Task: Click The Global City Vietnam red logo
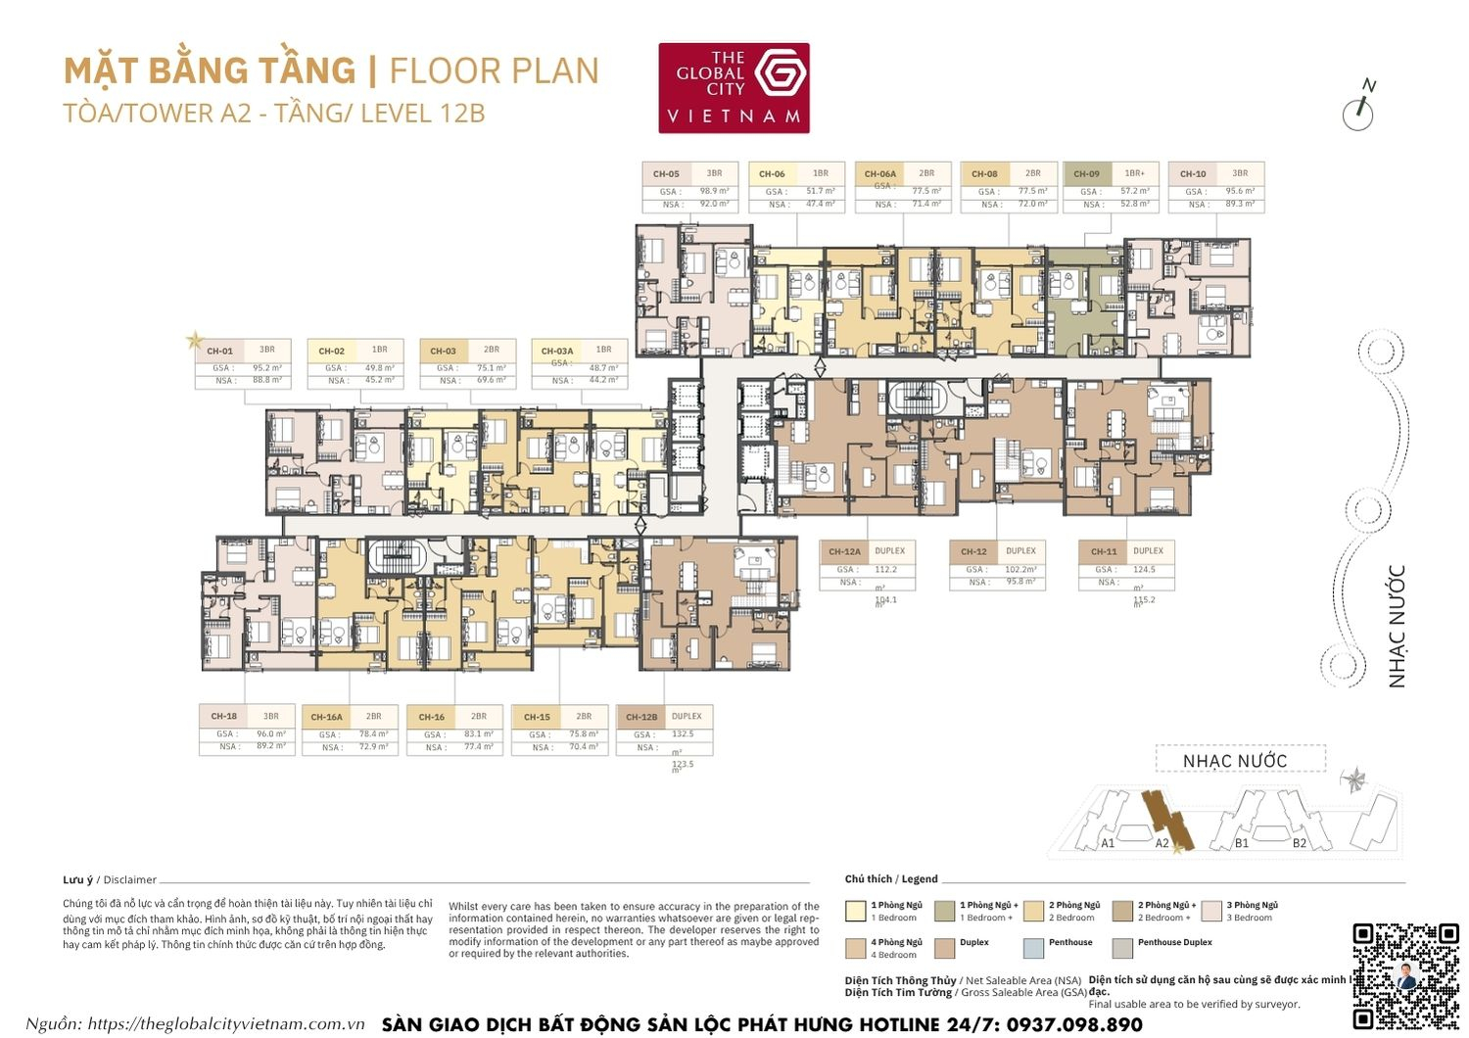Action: tap(734, 87)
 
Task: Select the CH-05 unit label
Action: tap(666, 174)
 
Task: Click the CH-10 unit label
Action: tap(1193, 174)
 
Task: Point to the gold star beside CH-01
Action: tap(194, 341)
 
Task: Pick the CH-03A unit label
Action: tap(557, 351)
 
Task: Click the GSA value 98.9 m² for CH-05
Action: tap(714, 192)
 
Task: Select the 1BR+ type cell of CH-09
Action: tap(1134, 173)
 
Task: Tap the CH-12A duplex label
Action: tap(844, 551)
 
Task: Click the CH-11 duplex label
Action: tap(1104, 551)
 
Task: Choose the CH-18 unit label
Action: tap(223, 716)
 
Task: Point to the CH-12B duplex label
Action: tap(641, 717)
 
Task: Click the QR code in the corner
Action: tap(1405, 974)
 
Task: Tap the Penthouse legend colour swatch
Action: tap(1033, 948)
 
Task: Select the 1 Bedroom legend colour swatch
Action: tap(855, 912)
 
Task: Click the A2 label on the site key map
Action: tap(1161, 843)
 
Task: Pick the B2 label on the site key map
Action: tap(1299, 843)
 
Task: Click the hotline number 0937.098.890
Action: tap(1069, 1024)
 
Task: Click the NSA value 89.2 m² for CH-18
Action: tap(270, 746)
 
